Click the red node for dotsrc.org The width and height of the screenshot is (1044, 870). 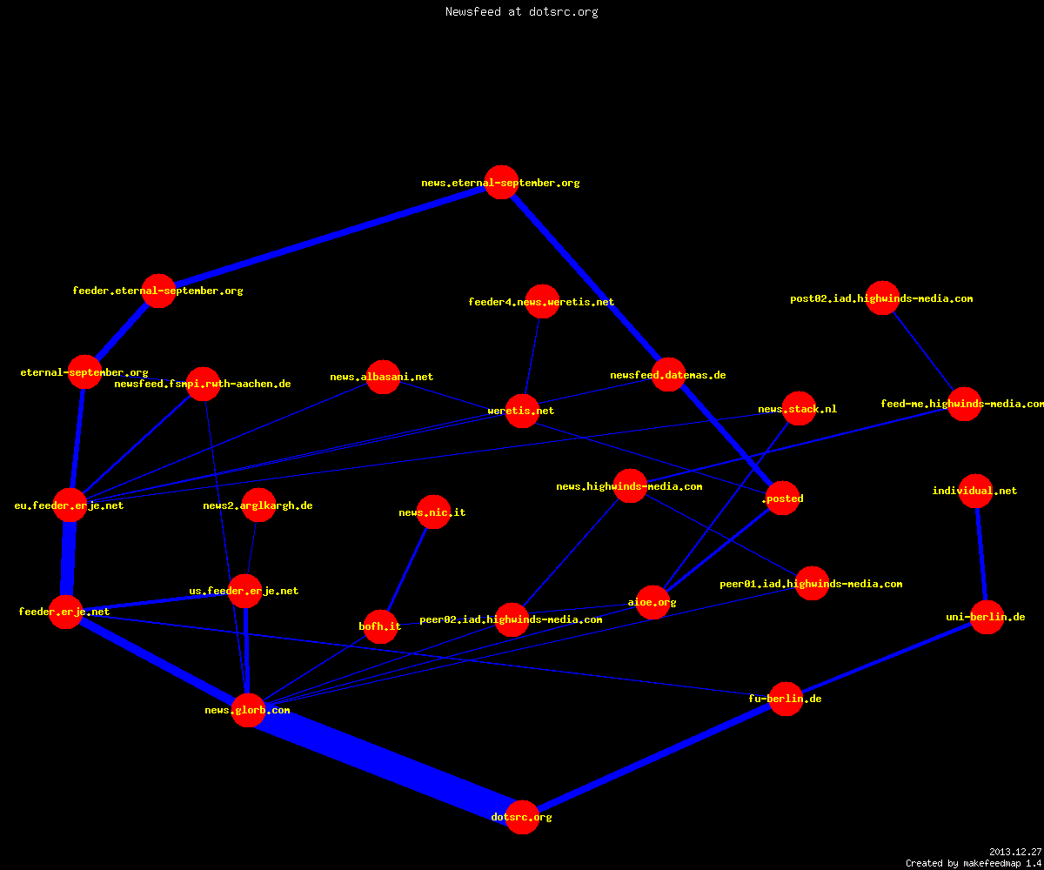(522, 817)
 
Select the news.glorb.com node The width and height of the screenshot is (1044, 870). (248, 710)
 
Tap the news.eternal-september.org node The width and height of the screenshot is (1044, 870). (501, 182)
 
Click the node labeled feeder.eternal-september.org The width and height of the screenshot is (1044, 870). (158, 291)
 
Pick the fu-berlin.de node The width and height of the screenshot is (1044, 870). (786, 699)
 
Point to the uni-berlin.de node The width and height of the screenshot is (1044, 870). (987, 617)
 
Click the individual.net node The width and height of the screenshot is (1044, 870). (975, 491)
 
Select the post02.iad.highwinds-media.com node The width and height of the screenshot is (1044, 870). (882, 298)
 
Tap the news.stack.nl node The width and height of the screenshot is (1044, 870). (799, 409)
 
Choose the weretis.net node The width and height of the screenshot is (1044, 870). (522, 411)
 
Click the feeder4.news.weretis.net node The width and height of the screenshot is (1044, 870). (542, 302)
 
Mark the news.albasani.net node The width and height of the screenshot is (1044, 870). (383, 377)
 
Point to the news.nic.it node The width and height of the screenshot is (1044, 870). (433, 512)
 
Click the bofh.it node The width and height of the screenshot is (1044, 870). (380, 626)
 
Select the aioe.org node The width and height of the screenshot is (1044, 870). (652, 602)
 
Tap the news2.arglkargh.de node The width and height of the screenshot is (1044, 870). (258, 505)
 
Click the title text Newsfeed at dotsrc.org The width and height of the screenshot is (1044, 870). (521, 11)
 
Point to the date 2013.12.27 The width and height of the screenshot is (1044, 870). (1015, 852)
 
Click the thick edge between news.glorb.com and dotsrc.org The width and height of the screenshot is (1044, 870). (385, 764)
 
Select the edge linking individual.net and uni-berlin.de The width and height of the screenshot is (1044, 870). (981, 554)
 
